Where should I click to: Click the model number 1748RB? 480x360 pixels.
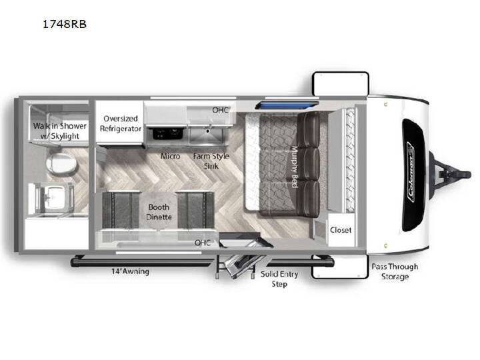coord(65,24)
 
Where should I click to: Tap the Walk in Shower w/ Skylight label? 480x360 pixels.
coord(60,131)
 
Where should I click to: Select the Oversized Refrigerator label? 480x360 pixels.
coord(120,123)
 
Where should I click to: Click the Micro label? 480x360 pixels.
coord(170,156)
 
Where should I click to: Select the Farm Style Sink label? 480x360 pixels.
coord(211,161)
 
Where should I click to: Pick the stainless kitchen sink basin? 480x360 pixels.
coord(207,135)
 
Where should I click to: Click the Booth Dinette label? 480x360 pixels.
coord(159,212)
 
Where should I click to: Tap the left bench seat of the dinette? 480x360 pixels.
coord(121,210)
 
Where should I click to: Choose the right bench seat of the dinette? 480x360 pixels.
coord(196,210)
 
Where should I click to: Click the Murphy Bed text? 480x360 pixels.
coord(294,167)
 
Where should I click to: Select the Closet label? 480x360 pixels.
coord(341,230)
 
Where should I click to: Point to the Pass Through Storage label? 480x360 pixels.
coord(395,271)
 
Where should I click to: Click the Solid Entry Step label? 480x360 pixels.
coord(279,279)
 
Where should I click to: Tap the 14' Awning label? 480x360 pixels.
coord(131,271)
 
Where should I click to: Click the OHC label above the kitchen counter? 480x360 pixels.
coord(220,110)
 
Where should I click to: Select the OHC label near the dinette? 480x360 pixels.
coord(203,243)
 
